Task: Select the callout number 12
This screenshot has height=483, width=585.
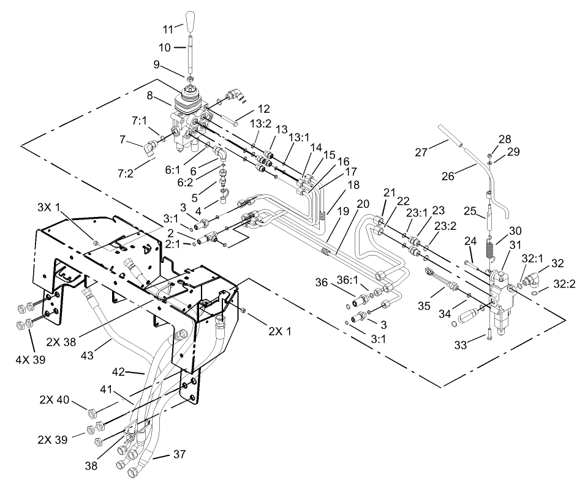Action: (x=246, y=109)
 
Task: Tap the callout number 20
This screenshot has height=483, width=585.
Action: (x=364, y=203)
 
